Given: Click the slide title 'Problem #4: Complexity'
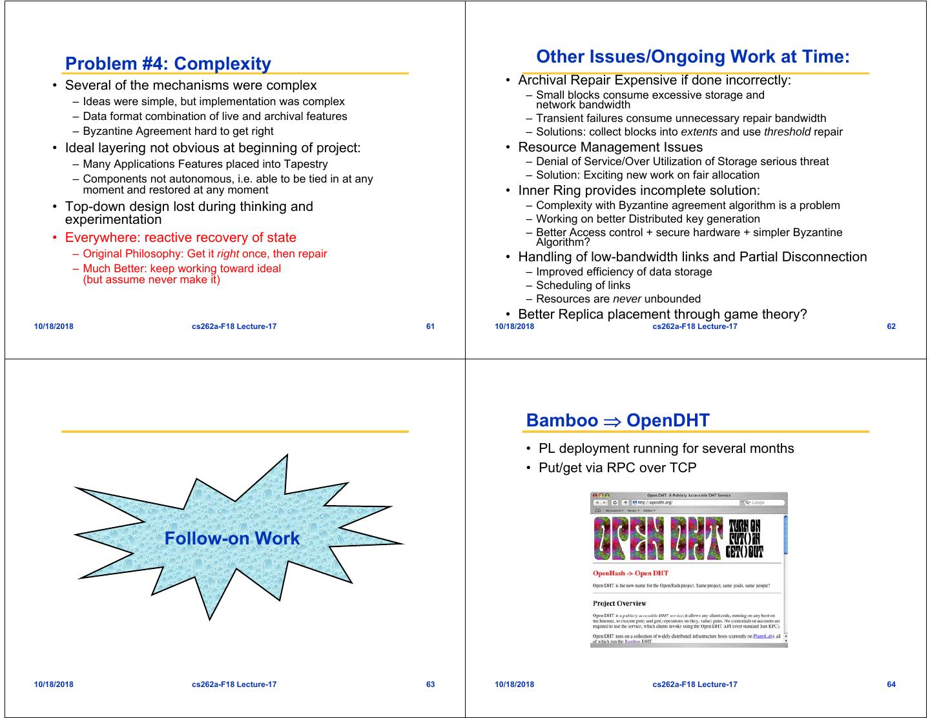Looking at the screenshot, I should pos(168,64).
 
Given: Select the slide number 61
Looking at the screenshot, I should pos(430,326).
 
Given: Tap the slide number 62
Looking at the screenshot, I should pos(891,326).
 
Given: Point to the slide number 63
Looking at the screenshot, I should pos(430,684).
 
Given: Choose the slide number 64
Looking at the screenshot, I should pos(891,684).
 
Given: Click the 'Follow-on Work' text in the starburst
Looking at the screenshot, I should pos(232,539).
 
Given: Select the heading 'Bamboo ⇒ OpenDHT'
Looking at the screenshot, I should pos(617,421).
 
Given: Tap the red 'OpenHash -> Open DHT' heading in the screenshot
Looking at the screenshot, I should pos(630,573).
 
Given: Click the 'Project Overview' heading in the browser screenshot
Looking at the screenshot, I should pos(619,604).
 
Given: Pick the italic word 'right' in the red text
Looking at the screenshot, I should pos(228,254).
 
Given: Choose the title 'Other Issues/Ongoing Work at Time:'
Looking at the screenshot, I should pos(692,57).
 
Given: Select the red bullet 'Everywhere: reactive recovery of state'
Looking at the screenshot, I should pos(180,237).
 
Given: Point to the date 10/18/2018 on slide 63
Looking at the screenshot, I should pos(54,684).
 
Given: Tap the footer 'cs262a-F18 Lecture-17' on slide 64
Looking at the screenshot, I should pos(694,684).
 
